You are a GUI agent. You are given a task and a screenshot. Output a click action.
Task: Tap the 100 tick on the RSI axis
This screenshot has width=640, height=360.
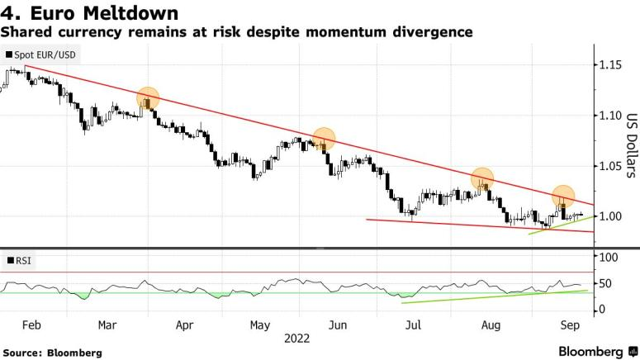pos(608,258)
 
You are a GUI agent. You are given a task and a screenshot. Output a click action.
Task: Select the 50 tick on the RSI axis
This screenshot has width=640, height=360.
pos(605,283)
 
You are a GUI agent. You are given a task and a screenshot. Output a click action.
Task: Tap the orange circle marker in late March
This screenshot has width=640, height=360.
pos(149,98)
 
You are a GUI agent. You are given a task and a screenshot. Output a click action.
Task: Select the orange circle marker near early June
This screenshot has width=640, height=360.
pos(325,139)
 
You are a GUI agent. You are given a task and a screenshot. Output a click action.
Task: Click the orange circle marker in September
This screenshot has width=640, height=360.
pos(563,197)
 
